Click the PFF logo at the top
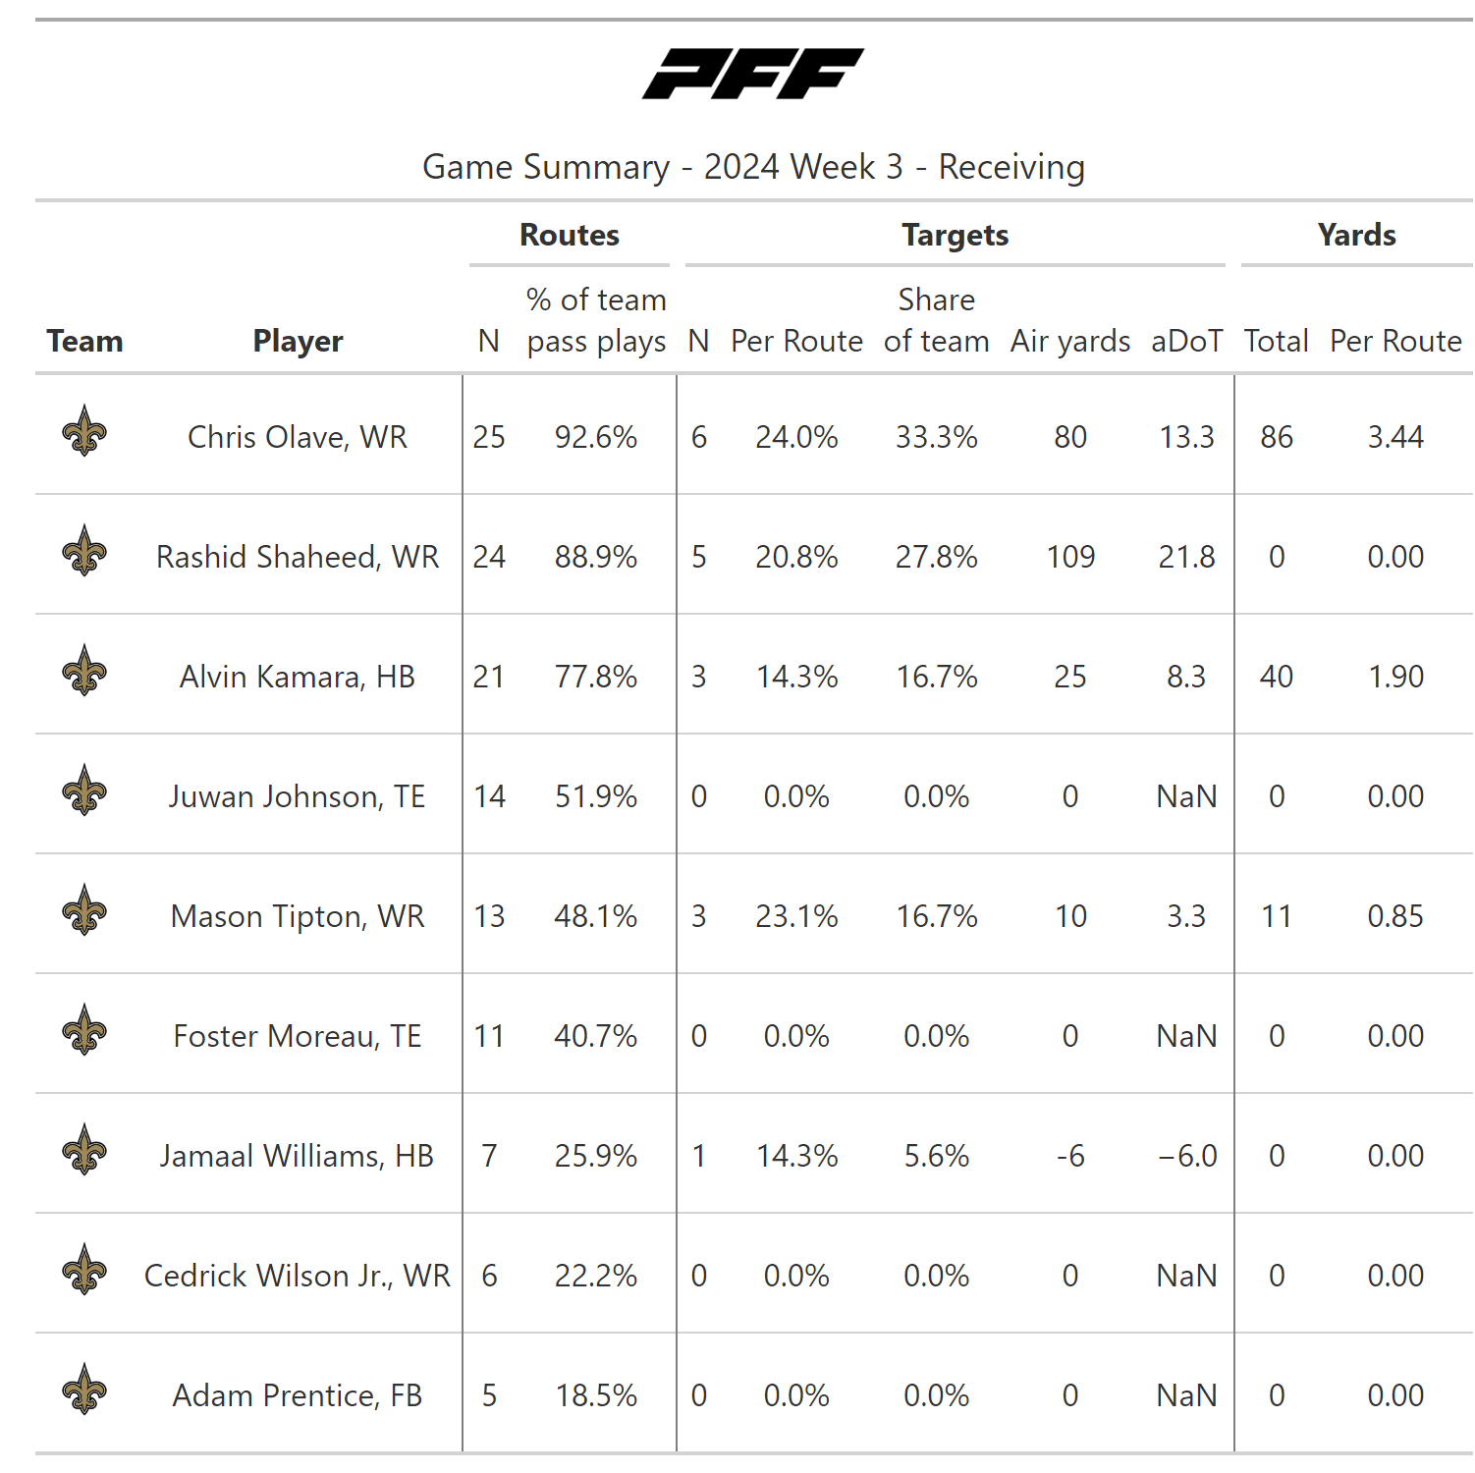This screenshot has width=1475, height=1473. (x=753, y=74)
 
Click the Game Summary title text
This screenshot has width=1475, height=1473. (x=753, y=167)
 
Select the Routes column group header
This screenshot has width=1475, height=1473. (x=570, y=235)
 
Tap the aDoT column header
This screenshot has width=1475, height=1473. (x=1186, y=341)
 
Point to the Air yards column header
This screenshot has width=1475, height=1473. (x=1070, y=341)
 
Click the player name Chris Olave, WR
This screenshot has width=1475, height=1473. (x=298, y=437)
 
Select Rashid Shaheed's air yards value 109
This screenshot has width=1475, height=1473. (x=1070, y=557)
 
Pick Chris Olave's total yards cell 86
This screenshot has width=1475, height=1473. (x=1277, y=437)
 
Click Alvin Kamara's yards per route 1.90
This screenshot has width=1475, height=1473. (x=1395, y=677)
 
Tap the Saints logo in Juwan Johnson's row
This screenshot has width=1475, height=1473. (x=84, y=791)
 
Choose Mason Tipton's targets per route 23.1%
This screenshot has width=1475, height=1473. (x=796, y=916)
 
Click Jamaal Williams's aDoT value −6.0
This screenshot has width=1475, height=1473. (x=1187, y=1156)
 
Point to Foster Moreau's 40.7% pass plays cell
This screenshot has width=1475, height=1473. (x=596, y=1036)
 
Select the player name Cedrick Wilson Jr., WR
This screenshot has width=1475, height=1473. (x=298, y=1276)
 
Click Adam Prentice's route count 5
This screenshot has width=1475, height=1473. (x=489, y=1395)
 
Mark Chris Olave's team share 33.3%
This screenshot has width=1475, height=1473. (x=936, y=437)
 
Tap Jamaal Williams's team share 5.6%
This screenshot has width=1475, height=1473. (x=936, y=1156)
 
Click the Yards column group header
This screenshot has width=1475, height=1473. (x=1356, y=235)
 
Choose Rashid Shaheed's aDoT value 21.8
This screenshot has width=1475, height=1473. (x=1186, y=557)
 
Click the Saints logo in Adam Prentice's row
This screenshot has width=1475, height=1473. (x=84, y=1390)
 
